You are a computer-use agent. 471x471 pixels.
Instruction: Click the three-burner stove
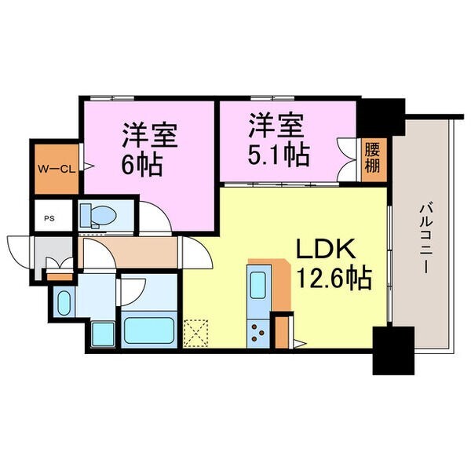[x=257, y=333]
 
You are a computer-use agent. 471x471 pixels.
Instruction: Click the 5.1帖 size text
[x=279, y=154]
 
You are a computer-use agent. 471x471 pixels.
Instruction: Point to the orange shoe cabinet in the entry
[x=57, y=275]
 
